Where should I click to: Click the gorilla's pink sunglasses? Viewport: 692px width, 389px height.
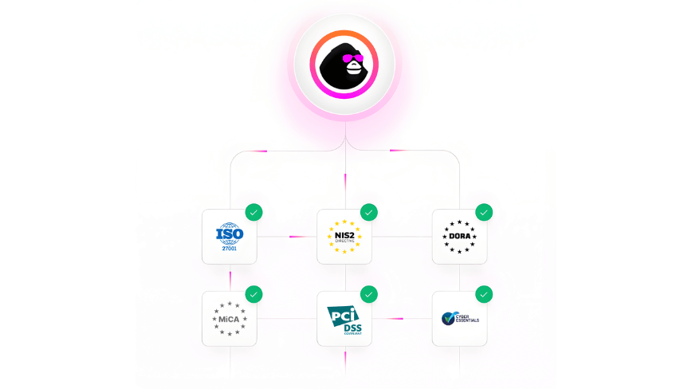pos(348,58)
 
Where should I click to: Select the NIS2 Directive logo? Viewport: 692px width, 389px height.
pos(344,236)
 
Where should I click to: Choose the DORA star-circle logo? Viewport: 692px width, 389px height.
pos(459,236)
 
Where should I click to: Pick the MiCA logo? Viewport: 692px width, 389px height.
pos(230,319)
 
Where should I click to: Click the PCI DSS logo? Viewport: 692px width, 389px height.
pos(344,319)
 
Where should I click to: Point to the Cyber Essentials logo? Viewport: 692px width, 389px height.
pos(459,319)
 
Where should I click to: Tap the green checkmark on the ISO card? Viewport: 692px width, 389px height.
pos(254,212)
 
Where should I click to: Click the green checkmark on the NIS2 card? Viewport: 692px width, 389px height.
pos(368,212)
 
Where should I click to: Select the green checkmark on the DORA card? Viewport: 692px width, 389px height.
pos(484,212)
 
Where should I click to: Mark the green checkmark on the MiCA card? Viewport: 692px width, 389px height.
pos(254,294)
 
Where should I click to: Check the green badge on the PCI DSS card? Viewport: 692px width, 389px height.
pos(368,294)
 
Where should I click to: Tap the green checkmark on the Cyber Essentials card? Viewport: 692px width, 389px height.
pos(484,294)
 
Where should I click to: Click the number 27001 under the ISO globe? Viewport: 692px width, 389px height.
pos(230,248)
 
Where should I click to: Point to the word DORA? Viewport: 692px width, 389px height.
pos(459,236)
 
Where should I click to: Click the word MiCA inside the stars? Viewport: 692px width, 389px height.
pos(230,319)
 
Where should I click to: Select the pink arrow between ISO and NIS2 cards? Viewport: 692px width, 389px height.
pos(297,236)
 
